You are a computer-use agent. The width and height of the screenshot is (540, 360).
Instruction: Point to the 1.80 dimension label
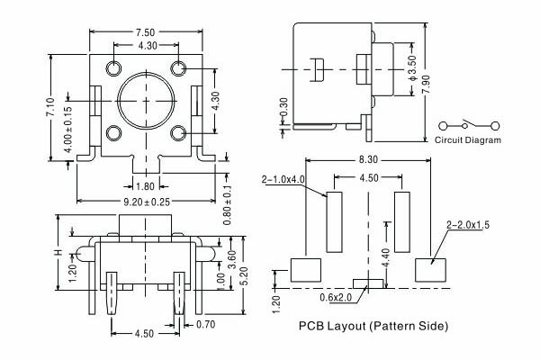click(x=145, y=186)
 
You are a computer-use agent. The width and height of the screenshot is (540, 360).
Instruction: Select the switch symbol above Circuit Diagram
click(x=467, y=123)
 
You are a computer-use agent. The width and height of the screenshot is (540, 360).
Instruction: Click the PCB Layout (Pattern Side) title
click(x=373, y=325)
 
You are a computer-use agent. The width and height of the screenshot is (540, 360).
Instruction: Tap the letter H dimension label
click(x=59, y=254)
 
